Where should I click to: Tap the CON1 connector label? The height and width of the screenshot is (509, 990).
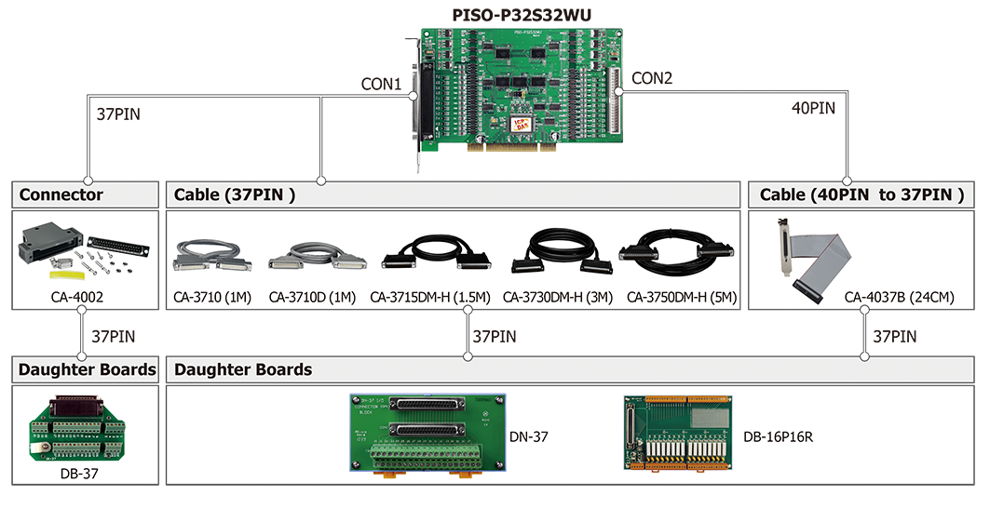381,84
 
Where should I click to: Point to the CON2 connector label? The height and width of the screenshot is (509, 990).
651,78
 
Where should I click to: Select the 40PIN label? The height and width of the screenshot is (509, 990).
813,108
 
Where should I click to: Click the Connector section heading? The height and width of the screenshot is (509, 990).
61,194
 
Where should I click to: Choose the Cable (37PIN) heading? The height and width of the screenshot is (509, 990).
234,194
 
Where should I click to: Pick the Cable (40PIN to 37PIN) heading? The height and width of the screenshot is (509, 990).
861,194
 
